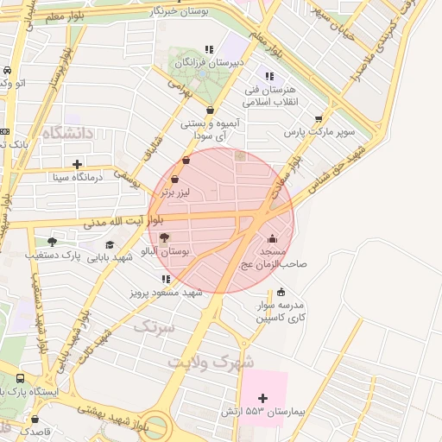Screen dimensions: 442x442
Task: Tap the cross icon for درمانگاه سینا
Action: coord(78,164)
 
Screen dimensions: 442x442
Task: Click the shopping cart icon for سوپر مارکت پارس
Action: coord(319,119)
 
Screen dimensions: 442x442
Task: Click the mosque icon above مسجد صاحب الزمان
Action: coord(274,239)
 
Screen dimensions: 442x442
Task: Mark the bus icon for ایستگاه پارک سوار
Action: coord(21,378)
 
